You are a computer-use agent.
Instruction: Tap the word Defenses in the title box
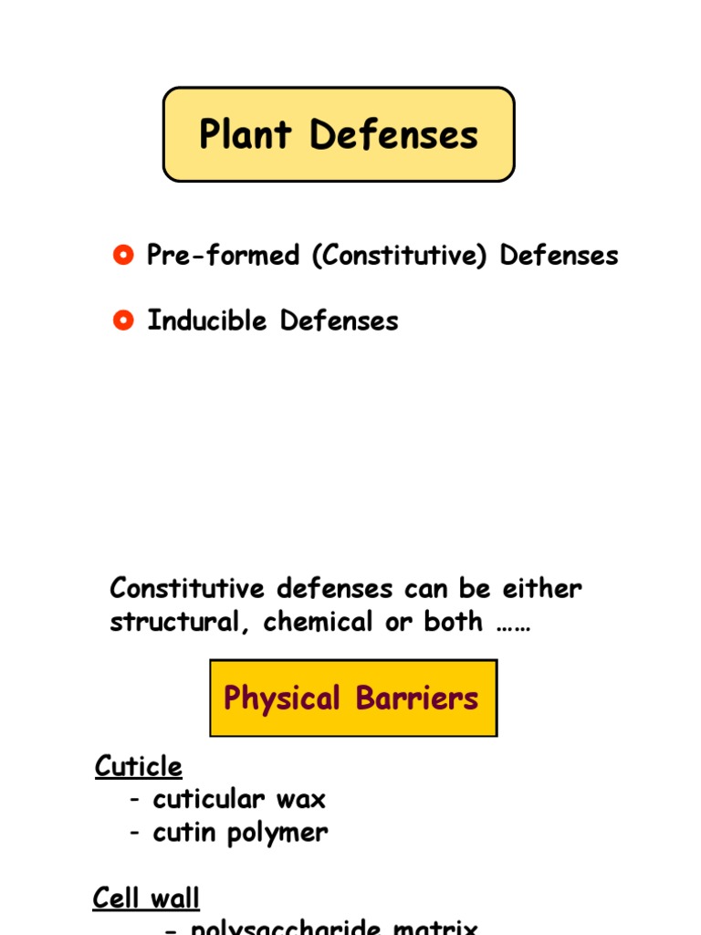(x=393, y=135)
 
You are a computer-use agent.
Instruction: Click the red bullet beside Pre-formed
(x=123, y=255)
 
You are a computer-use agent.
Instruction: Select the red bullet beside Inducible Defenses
(x=123, y=320)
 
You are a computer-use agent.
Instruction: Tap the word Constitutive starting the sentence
(x=187, y=588)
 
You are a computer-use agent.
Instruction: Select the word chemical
(x=319, y=622)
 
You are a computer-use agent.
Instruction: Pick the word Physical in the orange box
(x=282, y=699)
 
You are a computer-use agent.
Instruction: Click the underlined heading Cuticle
(x=139, y=766)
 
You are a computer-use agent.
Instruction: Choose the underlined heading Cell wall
(x=146, y=898)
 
